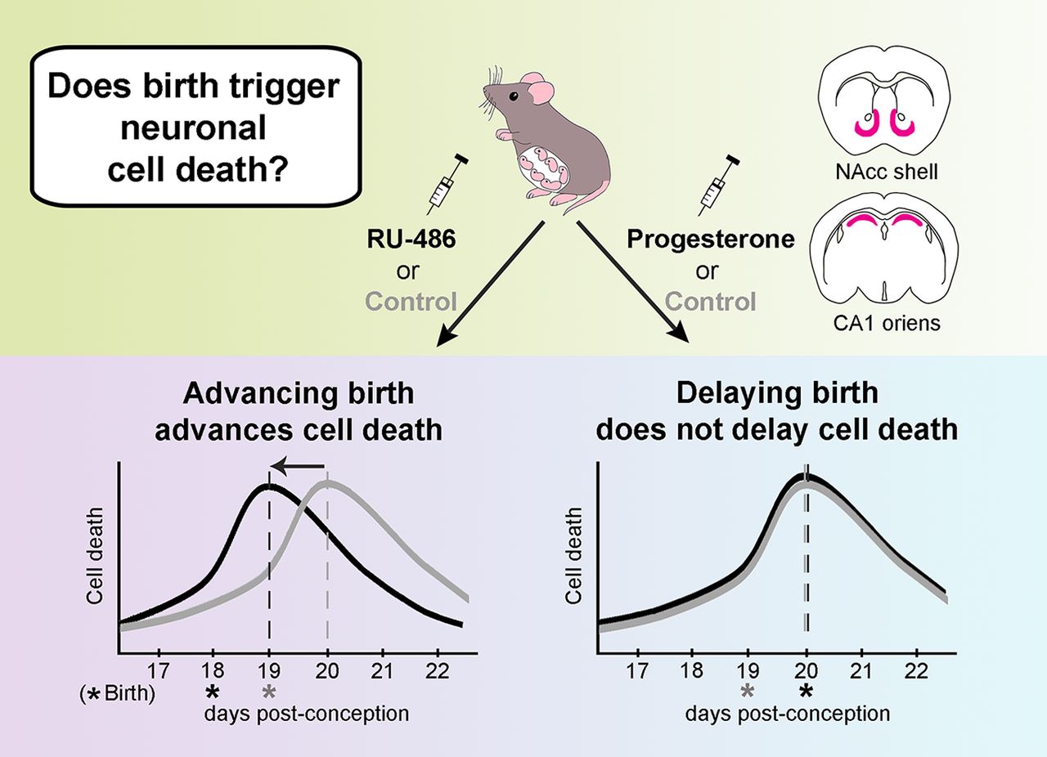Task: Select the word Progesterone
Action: [709, 241]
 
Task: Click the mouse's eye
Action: [514, 96]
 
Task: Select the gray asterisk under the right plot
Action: [748, 692]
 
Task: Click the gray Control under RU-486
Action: [411, 302]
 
